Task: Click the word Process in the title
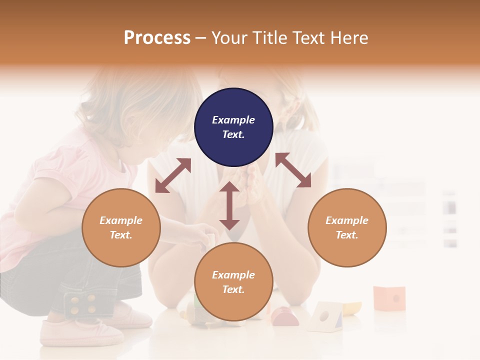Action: tap(157, 38)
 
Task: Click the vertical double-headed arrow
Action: tap(229, 205)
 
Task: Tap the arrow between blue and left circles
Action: tap(173, 175)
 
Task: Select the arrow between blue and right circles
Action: tap(293, 170)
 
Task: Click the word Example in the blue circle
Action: tap(233, 120)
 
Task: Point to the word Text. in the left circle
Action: tap(121, 235)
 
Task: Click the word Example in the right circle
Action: tap(347, 220)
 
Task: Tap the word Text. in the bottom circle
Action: tap(233, 289)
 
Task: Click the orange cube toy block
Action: tap(389, 298)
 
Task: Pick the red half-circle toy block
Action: tap(285, 317)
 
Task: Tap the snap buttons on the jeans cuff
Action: tap(82, 304)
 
